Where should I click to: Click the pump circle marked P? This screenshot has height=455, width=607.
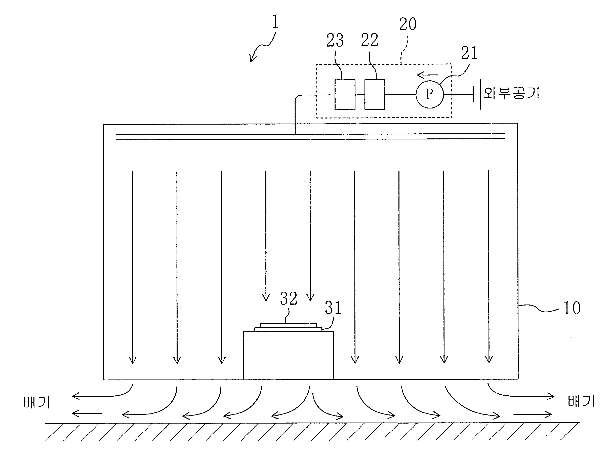429,94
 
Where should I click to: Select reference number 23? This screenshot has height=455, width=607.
335,40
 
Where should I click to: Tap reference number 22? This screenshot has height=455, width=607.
369,40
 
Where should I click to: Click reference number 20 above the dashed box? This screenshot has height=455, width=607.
408,24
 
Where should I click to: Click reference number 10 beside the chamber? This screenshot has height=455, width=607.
572,308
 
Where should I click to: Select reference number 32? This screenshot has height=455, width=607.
289,298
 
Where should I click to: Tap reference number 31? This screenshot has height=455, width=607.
333,308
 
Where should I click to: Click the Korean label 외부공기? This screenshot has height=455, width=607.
511,93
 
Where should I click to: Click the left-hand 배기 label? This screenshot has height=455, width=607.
36,403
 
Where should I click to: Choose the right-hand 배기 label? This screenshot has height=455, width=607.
581,401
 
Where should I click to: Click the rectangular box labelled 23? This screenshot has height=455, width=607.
345,95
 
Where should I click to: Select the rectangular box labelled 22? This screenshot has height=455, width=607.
375,95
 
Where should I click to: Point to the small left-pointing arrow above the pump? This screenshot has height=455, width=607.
428,75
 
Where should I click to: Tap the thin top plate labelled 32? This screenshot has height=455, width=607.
288,325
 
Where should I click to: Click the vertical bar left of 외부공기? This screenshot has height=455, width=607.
480,94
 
